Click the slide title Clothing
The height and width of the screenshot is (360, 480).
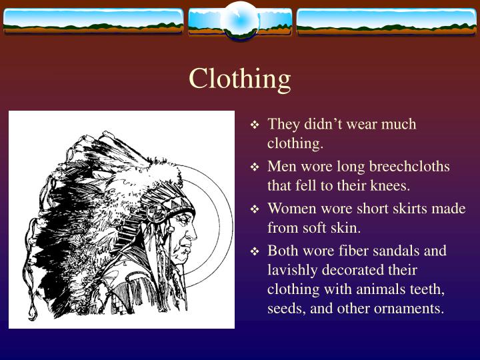click(x=239, y=79)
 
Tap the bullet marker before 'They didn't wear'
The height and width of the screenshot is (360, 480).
click(x=254, y=125)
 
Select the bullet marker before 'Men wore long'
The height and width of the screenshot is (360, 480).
click(x=254, y=167)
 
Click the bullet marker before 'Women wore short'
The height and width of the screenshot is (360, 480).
click(x=254, y=210)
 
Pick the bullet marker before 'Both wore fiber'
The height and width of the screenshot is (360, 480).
click(x=254, y=252)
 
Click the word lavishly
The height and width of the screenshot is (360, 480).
click(x=291, y=271)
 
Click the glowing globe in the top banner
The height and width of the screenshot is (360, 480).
click(x=240, y=21)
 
